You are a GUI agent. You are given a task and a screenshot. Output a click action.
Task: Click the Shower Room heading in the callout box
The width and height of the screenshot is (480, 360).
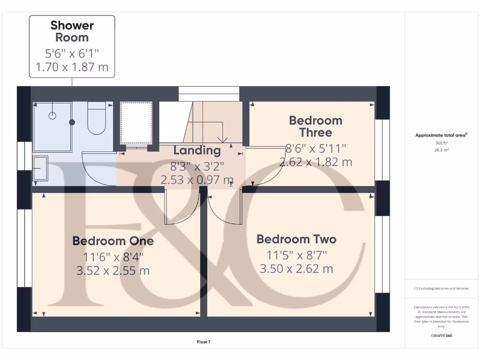[72, 31]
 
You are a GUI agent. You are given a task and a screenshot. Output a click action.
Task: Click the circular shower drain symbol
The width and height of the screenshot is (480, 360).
[53, 114]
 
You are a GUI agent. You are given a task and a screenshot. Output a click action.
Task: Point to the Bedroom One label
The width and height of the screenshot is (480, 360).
[113, 241]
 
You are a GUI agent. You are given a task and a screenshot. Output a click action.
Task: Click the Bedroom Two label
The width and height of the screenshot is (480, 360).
[296, 239]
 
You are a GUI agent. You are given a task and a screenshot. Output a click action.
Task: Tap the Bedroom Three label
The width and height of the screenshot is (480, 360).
[315, 126]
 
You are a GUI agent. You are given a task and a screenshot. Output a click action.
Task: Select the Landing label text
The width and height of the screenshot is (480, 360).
[197, 150]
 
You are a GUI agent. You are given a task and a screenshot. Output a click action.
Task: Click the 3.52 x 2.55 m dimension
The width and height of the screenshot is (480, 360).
[113, 270]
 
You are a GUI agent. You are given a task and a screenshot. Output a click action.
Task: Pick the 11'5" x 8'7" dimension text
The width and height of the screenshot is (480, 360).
[296, 255]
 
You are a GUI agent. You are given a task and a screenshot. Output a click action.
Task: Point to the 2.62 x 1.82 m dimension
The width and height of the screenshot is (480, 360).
[315, 162]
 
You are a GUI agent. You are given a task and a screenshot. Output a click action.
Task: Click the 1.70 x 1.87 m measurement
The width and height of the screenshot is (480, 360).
[72, 67]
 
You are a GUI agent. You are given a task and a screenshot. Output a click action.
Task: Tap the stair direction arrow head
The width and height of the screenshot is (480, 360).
[223, 139]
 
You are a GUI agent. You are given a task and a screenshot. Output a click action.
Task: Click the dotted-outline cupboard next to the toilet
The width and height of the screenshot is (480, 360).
[136, 123]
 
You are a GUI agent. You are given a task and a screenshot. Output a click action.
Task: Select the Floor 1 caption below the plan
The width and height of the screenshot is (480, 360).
[203, 342]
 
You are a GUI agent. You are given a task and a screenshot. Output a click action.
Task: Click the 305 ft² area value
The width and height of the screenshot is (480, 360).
[442, 143]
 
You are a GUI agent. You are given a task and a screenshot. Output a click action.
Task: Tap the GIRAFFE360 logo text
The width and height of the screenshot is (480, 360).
[442, 336]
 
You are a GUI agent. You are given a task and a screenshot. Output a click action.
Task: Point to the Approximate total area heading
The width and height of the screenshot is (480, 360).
[441, 135]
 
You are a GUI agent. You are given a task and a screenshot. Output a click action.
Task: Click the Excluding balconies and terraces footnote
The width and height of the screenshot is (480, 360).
[441, 288]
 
